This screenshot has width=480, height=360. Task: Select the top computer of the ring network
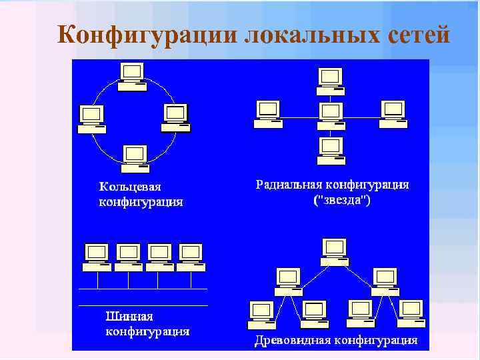click(x=132, y=76)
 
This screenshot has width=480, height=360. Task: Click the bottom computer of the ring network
click(x=135, y=155)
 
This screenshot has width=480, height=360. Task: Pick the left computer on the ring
click(x=91, y=119)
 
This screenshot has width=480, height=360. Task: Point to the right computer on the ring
click(x=175, y=117)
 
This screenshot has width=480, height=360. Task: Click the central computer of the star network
click(x=330, y=114)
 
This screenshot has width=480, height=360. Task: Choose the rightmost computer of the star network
click(x=393, y=113)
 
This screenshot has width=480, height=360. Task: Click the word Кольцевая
click(x=131, y=187)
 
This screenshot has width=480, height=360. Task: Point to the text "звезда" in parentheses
click(x=343, y=199)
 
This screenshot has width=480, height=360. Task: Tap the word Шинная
click(x=131, y=316)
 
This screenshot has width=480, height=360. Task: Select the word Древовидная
click(x=294, y=341)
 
